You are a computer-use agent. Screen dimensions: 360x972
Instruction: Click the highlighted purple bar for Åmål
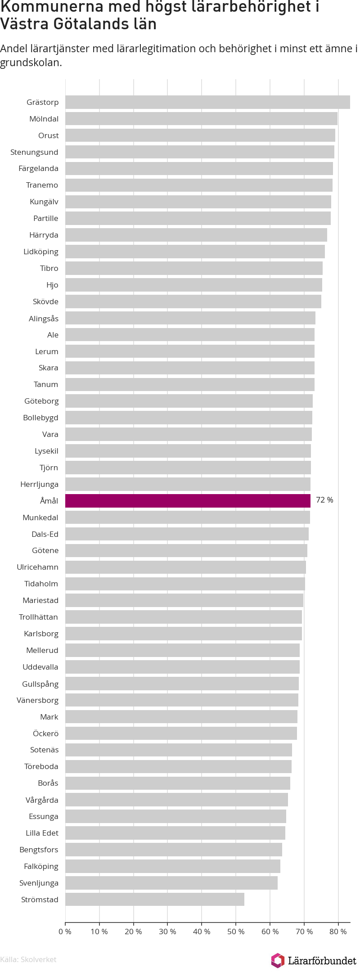tap(188, 501)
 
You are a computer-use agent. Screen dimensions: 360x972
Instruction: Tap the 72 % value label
tap(324, 500)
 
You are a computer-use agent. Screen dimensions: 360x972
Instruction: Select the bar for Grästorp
tap(207, 102)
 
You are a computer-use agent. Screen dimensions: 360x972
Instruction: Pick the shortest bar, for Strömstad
tap(155, 900)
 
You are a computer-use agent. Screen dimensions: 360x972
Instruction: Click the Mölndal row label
tap(44, 119)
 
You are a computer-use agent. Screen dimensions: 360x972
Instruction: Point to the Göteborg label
tap(41, 401)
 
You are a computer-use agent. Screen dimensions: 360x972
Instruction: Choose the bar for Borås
tap(178, 783)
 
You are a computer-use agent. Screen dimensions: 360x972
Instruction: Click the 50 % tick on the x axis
tap(235, 931)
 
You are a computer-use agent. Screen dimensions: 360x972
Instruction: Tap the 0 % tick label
tap(65, 931)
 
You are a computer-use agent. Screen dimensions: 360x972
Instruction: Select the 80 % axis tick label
tap(338, 931)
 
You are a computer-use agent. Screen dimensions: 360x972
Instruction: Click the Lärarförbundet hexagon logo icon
tap(278, 960)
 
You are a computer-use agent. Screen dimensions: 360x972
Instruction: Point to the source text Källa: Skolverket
tap(28, 959)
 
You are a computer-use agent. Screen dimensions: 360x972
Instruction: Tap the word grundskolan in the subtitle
tap(31, 63)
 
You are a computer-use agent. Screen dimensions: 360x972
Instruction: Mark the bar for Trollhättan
tap(184, 617)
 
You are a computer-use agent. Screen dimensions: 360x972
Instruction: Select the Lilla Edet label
tap(42, 833)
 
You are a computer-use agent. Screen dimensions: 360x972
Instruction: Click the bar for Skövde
tap(193, 301)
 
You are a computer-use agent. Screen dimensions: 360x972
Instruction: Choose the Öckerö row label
tap(45, 733)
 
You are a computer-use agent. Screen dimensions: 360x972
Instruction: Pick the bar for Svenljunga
tap(171, 883)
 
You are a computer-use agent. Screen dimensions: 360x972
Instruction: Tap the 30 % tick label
tap(167, 931)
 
